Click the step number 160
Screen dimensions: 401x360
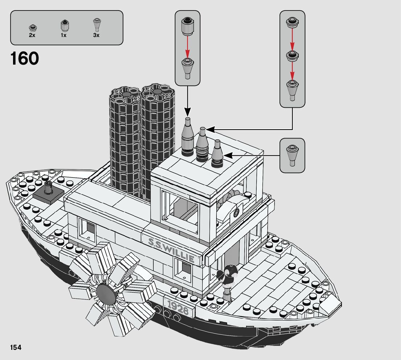coord(25,59)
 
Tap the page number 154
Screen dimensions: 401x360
coord(16,348)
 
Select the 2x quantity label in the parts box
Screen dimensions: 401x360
coord(32,36)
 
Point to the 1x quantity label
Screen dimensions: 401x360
coord(63,36)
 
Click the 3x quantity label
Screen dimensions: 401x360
coord(96,36)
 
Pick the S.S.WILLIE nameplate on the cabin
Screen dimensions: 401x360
coord(171,249)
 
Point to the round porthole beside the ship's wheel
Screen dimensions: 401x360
coord(237,213)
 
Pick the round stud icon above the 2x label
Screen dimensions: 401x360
coord(32,28)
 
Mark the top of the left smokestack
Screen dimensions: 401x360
coord(125,93)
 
